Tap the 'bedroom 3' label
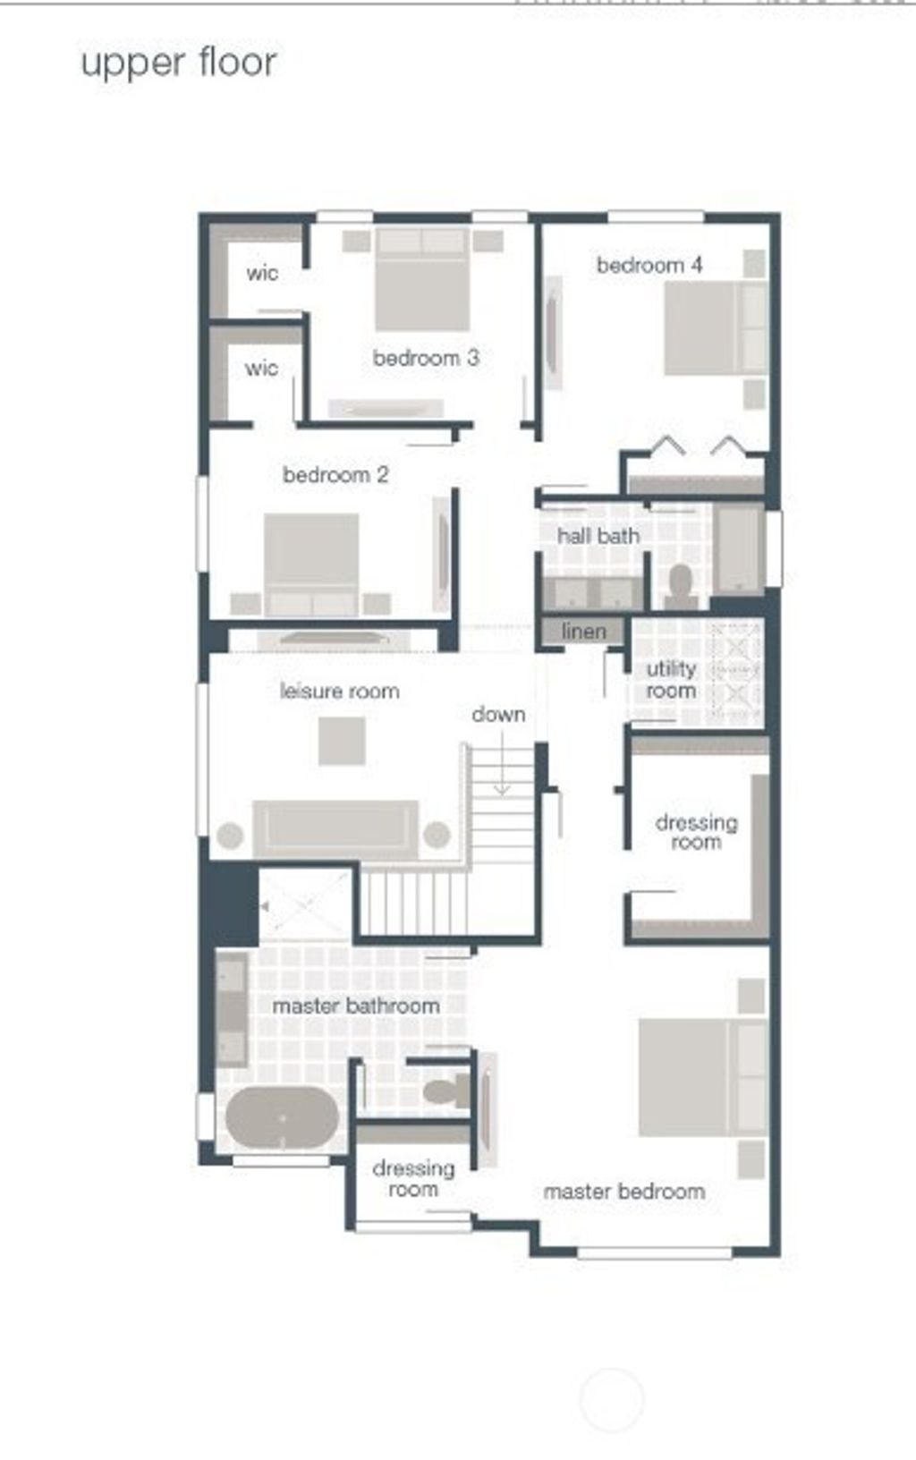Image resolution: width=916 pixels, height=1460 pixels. coord(426,358)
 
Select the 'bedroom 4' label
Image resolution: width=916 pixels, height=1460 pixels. coord(649,265)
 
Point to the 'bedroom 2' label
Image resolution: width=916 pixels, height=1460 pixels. coord(335,474)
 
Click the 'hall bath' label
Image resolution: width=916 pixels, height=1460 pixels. coord(598,536)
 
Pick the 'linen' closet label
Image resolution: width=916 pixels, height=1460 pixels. coord(583,632)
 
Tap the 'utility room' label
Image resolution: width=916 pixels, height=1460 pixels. coord(671,680)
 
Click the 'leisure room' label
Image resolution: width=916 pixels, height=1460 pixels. coord(339,691)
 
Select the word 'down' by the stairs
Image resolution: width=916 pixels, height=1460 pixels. coord(498,714)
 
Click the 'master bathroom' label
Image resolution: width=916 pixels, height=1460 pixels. coord(355,1006)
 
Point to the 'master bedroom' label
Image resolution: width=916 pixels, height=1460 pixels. coord(623,1191)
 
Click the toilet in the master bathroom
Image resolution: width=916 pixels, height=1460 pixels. coord(445,1091)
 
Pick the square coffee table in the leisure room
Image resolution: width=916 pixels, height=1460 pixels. coord(342,741)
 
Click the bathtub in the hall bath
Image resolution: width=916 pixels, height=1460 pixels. coord(739,547)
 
